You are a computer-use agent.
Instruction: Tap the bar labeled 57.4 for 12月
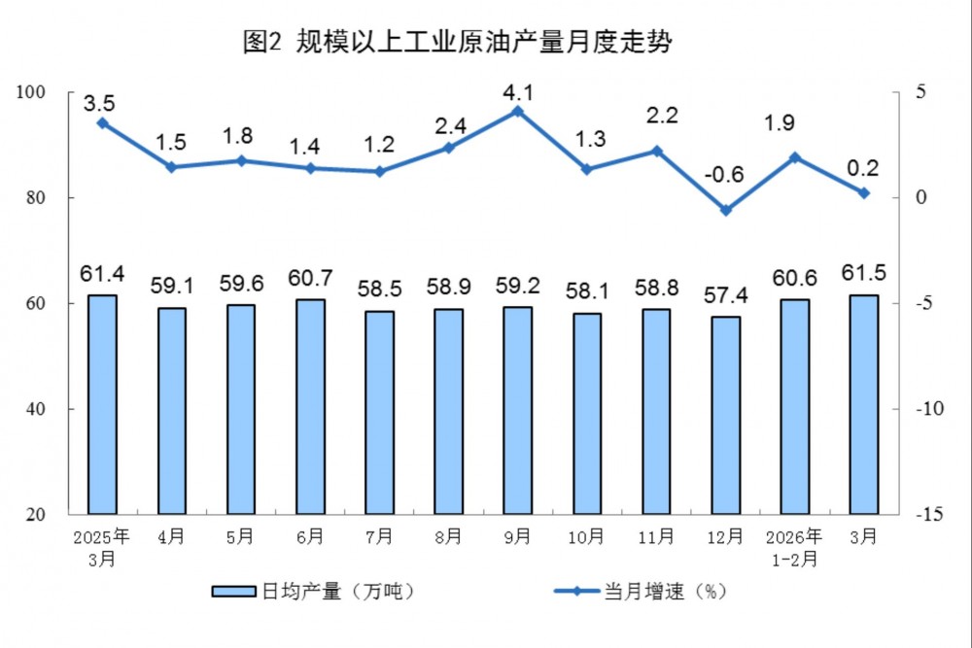[x=725, y=415]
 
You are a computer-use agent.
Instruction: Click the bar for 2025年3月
[x=102, y=404]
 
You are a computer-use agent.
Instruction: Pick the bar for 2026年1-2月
[x=794, y=406]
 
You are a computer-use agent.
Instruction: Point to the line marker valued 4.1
[x=518, y=111]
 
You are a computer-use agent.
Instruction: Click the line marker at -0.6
[x=725, y=210]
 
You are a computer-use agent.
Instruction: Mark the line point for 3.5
[x=102, y=123]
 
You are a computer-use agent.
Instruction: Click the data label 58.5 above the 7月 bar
[x=379, y=289]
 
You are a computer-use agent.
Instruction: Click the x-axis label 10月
[x=587, y=536]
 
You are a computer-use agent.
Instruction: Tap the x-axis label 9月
[x=518, y=536]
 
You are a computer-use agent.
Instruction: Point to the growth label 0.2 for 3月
[x=863, y=167]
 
